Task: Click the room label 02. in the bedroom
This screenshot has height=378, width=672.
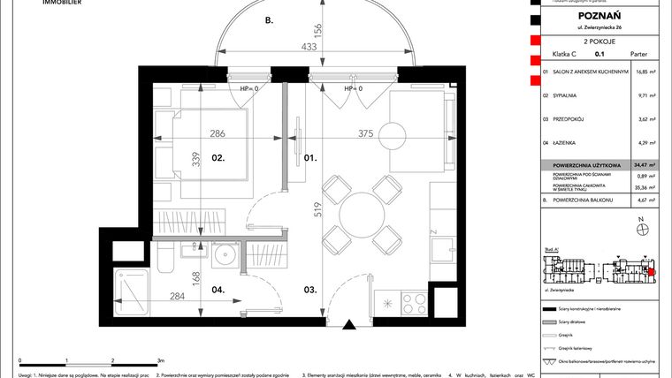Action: pos(195,159)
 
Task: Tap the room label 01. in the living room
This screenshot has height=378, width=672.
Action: pos(310,159)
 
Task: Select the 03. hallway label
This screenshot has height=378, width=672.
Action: pos(310,288)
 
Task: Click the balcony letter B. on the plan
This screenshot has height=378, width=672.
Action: pos(270,19)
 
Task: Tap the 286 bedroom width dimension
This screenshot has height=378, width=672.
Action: pos(217,134)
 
